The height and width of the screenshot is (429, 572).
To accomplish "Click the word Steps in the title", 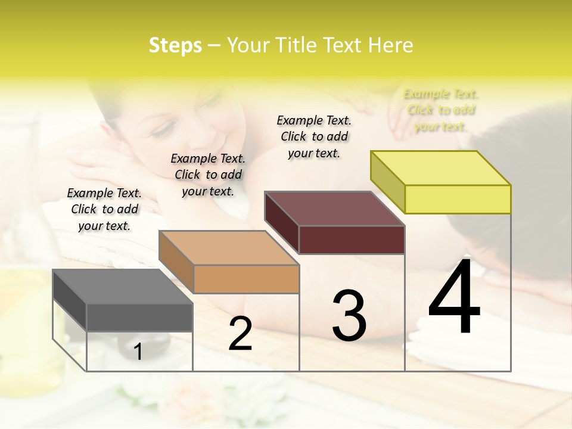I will [x=175, y=45].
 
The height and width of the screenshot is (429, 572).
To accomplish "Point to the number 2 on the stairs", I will [x=240, y=334].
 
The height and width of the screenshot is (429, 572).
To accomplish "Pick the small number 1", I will [x=138, y=352].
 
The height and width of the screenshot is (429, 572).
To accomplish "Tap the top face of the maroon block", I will [x=334, y=208].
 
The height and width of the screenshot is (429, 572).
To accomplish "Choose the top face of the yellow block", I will [x=440, y=167].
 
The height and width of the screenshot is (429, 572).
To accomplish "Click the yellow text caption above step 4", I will [x=441, y=110].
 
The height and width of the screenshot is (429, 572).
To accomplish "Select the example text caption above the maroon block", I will [x=314, y=136].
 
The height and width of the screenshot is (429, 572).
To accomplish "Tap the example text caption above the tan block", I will [x=208, y=175].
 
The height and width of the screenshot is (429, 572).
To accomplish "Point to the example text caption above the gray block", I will [x=104, y=209].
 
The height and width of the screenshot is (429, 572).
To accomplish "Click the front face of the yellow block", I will [x=458, y=199].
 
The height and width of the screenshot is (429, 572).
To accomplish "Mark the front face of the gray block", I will [x=139, y=317].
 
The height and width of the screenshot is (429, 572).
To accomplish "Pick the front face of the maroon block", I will [x=352, y=240].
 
